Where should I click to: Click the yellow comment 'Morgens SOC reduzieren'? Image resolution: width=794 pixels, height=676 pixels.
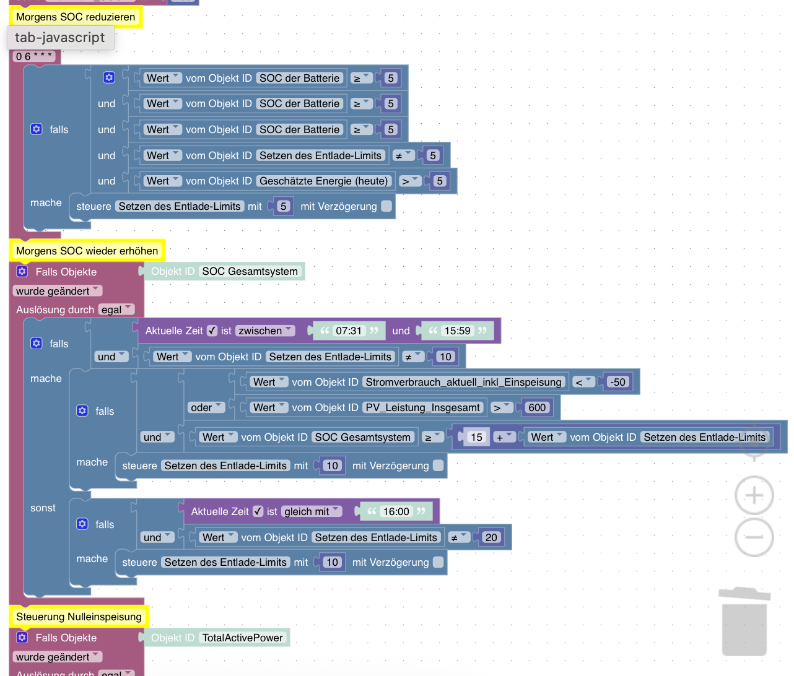pos(76,17)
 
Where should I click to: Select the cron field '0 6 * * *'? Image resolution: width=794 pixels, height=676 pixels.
pos(34,56)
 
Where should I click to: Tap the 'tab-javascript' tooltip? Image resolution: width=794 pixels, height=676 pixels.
pos(60,37)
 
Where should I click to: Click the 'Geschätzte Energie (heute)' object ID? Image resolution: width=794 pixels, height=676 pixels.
pos(323,181)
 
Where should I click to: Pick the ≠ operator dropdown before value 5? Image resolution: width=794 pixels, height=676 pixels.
pos(403,155)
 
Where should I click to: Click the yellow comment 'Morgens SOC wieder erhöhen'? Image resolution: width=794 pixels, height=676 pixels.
pos(87,251)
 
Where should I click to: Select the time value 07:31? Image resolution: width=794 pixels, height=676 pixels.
pos(348,331)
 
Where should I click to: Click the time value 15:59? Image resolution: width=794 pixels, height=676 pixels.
pos(457,331)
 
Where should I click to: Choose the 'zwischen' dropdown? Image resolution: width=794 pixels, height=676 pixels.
pos(266,331)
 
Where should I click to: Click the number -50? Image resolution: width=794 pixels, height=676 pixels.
pos(617,382)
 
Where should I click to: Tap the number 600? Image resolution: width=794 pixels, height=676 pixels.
pos(537,407)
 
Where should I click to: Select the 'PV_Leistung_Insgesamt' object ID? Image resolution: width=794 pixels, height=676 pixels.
pos(422,407)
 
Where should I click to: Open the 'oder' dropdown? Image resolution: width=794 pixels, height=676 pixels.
pos(206,407)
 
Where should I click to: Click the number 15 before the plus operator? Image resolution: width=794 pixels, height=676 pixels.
pos(476,437)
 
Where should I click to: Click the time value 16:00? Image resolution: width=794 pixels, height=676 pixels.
pos(396,511)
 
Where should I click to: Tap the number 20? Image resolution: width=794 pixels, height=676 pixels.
pos(491,537)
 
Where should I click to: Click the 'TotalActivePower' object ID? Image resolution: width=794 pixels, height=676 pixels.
pos(242,638)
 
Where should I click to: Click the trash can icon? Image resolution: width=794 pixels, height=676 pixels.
pos(744,622)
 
